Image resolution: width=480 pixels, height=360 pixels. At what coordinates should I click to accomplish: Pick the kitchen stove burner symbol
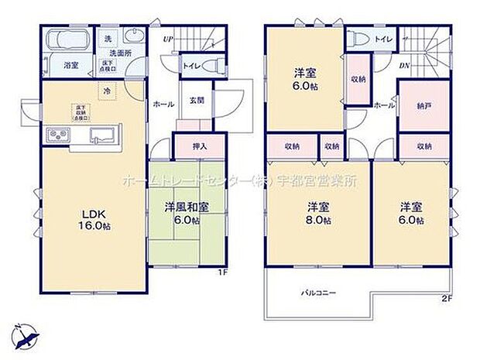pyautogui.click(x=57, y=135)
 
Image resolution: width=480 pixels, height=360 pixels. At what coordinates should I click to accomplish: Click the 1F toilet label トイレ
pyautogui.click(x=190, y=66)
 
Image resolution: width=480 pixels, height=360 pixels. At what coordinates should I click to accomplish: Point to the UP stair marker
pyautogui.click(x=166, y=39)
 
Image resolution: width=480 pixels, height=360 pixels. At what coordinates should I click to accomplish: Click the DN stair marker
pyautogui.click(x=404, y=66)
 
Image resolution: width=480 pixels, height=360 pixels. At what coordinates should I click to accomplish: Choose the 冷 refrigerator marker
pyautogui.click(x=107, y=91)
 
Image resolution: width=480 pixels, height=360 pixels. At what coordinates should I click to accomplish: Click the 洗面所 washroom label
pyautogui.click(x=120, y=53)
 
